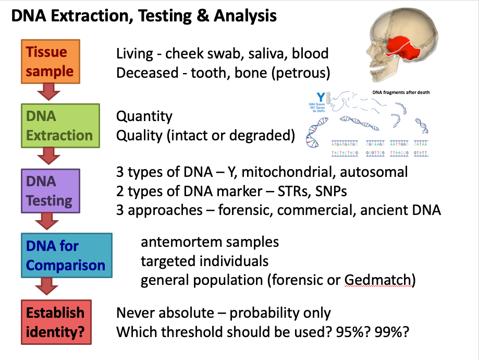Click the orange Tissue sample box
pyautogui.click(x=50, y=62)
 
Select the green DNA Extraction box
pyautogui.click(x=59, y=126)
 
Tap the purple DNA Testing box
pyautogui.click(x=50, y=190)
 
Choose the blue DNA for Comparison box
pyautogui.click(x=66, y=255)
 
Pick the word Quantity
pyautogui.click(x=144, y=116)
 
